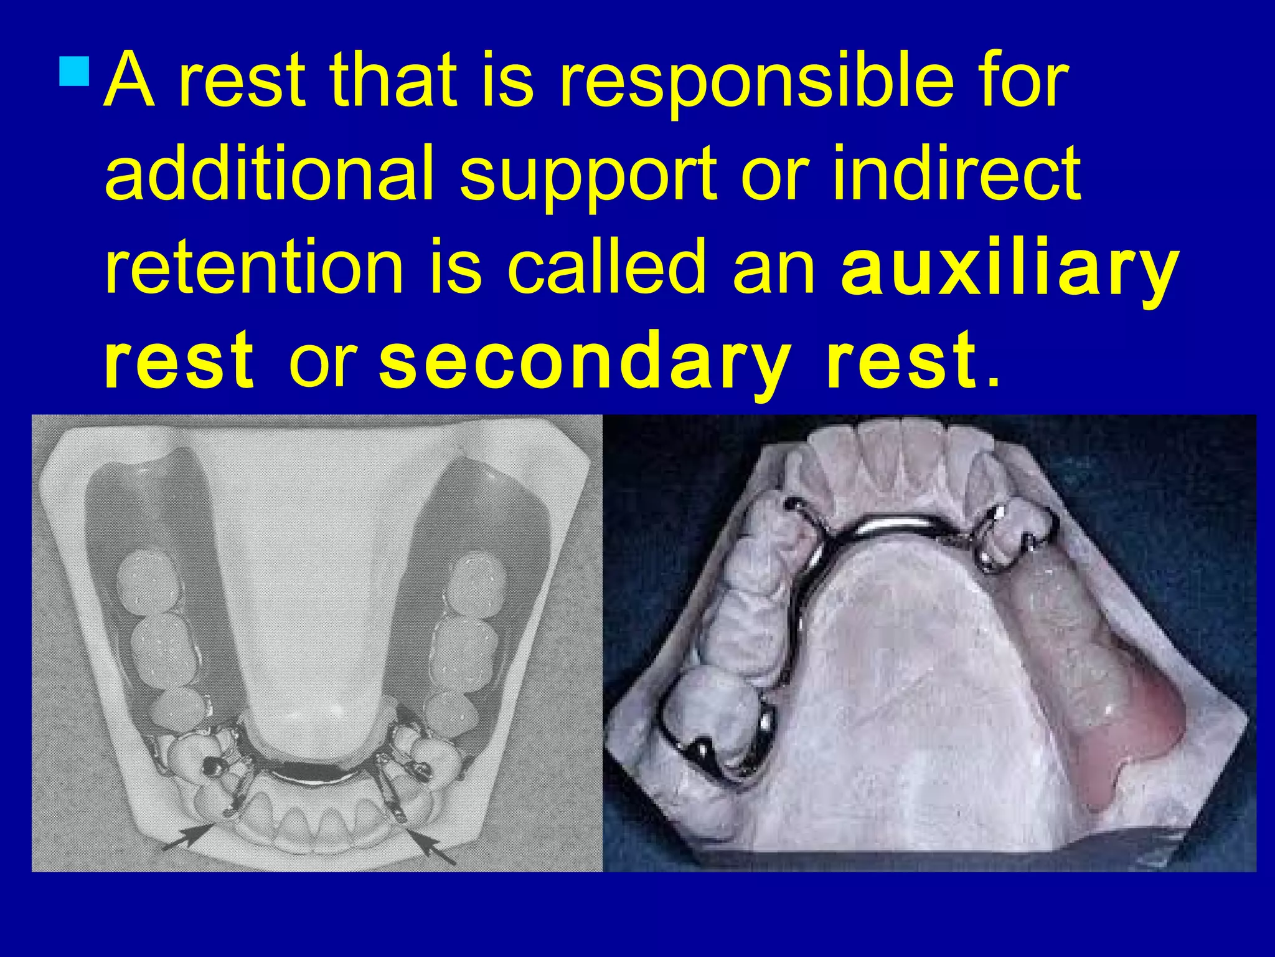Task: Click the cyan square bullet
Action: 75,71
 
